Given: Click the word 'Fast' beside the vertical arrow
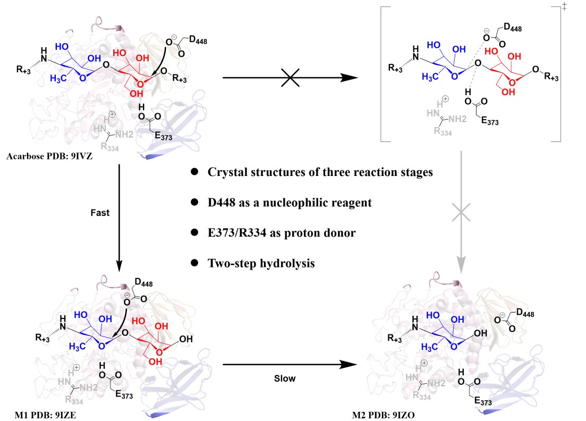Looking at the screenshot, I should click(x=100, y=213).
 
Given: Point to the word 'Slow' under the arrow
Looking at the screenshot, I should click(x=285, y=378).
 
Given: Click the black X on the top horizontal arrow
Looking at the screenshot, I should click(x=290, y=78).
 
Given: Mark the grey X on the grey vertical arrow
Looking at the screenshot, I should click(x=461, y=213).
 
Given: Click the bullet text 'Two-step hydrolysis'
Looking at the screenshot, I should click(x=261, y=263).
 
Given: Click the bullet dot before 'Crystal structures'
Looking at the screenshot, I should click(x=194, y=172).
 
